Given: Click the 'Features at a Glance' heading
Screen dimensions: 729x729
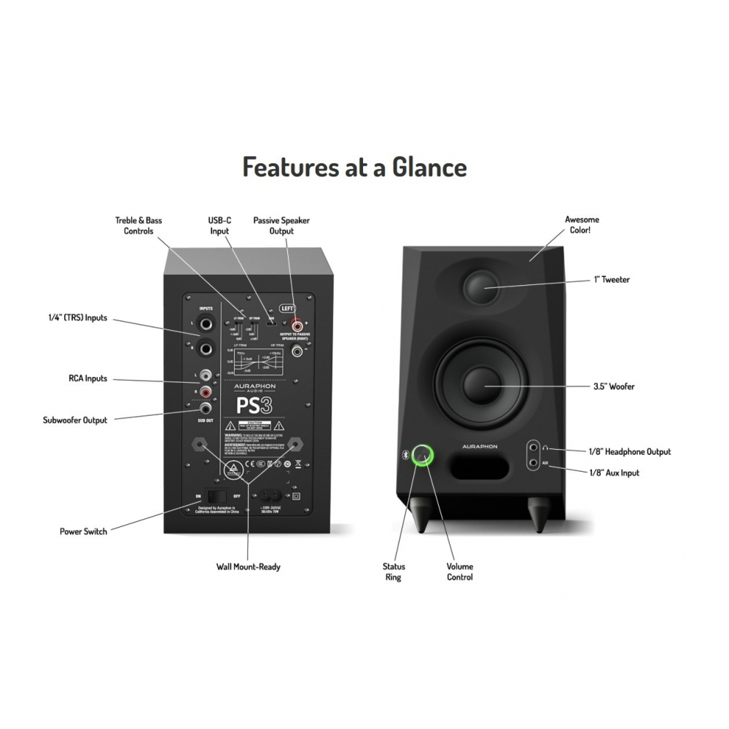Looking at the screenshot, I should pyautogui.click(x=354, y=168).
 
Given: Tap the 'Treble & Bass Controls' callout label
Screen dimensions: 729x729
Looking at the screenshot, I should pyautogui.click(x=139, y=225).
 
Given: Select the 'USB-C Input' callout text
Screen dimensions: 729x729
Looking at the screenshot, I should pyautogui.click(x=219, y=225).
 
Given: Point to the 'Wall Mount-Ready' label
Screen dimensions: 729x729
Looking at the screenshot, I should pyautogui.click(x=248, y=566).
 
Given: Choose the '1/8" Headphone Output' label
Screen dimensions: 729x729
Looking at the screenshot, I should pyautogui.click(x=629, y=452).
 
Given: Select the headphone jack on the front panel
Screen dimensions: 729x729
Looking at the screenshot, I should pyautogui.click(x=537, y=448).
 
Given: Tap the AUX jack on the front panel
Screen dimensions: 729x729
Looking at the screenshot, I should pyautogui.click(x=537, y=462).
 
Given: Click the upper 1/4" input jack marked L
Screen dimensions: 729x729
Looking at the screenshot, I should pyautogui.click(x=208, y=324).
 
